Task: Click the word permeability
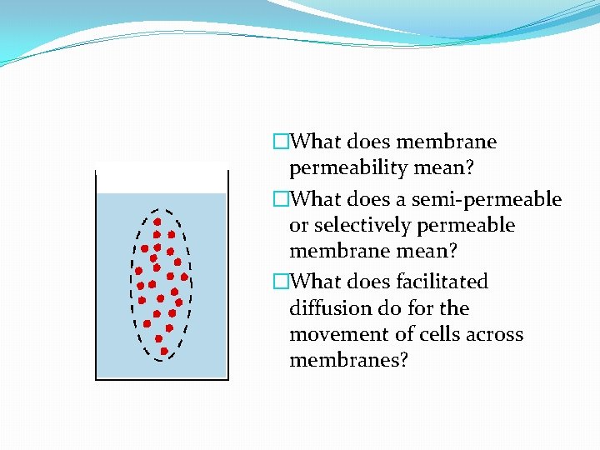(x=351, y=168)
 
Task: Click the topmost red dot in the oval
(x=157, y=222)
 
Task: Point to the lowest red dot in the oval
(x=164, y=351)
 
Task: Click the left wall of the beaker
(x=97, y=275)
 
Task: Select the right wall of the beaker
(x=227, y=275)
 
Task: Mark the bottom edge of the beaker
(x=162, y=379)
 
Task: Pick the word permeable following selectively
(x=475, y=226)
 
